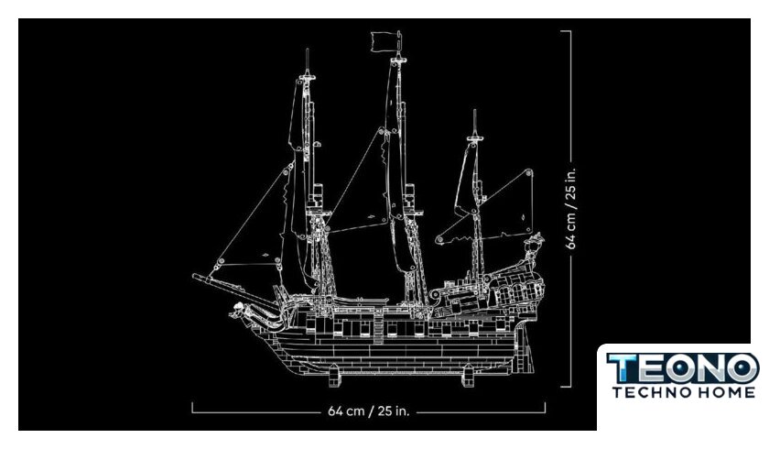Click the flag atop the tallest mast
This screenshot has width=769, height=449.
click(386, 42)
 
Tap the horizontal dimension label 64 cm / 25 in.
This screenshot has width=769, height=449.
click(368, 411)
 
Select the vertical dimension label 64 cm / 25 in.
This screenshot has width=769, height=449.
click(571, 209)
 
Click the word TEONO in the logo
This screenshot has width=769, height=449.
click(682, 368)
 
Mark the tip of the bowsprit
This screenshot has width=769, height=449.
click(194, 276)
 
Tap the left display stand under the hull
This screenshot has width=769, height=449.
click(333, 376)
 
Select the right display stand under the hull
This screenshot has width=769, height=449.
click(468, 376)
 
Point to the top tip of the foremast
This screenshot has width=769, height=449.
click(308, 49)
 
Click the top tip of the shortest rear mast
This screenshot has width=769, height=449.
click(474, 110)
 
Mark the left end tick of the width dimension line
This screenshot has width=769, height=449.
click(192, 407)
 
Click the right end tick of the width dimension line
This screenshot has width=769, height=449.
click(545, 407)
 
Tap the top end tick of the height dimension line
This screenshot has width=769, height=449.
click(566, 31)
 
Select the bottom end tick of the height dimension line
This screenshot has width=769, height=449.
click(566, 387)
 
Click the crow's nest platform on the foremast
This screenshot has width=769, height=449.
click(318, 213)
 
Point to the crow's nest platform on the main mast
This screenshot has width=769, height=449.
click(411, 213)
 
